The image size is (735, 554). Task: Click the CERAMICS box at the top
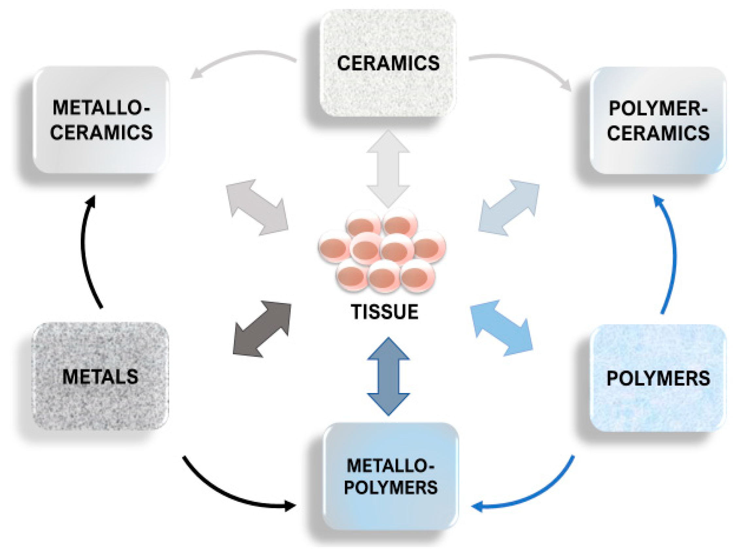pyautogui.click(x=388, y=63)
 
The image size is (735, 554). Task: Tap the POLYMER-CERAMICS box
pyautogui.click(x=658, y=120)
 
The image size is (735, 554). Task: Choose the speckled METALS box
pyautogui.click(x=100, y=376)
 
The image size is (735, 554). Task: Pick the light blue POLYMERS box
pyautogui.click(x=658, y=378)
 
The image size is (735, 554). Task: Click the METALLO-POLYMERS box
pyautogui.click(x=390, y=477)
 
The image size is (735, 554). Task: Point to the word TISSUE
pyautogui.click(x=385, y=312)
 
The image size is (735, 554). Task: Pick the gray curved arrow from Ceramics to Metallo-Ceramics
pyautogui.click(x=243, y=58)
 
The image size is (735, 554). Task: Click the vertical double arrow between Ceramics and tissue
pyautogui.click(x=388, y=169)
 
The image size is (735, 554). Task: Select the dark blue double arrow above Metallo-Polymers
pyautogui.click(x=388, y=376)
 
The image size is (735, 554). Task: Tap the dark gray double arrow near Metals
pyautogui.click(x=262, y=329)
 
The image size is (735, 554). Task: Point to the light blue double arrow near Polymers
pyautogui.click(x=502, y=328)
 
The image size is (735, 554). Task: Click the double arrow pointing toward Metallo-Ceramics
pyautogui.click(x=257, y=208)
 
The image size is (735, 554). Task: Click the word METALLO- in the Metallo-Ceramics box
pyautogui.click(x=101, y=108)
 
